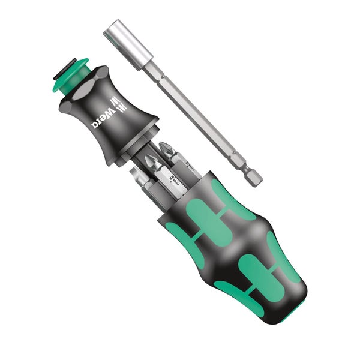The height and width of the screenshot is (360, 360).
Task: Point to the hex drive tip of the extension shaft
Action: [x=254, y=175]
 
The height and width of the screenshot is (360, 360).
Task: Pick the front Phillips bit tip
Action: [x=151, y=163]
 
